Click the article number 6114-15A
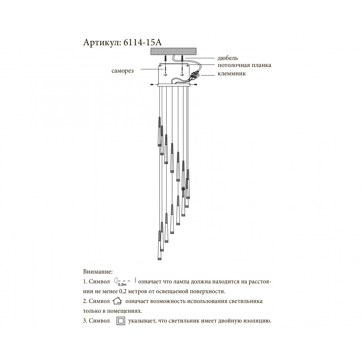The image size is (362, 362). (143, 42)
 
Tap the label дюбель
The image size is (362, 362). (228, 58)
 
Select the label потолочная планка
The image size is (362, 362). (244, 65)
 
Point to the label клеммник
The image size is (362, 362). (232, 73)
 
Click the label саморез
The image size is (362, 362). (122, 71)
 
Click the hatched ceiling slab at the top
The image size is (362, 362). (174, 51)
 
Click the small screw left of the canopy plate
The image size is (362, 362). (152, 85)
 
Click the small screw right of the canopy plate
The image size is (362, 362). (195, 85)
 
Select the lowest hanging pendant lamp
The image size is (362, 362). (159, 245)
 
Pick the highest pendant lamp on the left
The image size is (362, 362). (159, 131)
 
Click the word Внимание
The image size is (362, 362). (98, 271)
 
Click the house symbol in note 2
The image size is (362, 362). (117, 301)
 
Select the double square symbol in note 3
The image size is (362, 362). (121, 321)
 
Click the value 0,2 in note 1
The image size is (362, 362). (122, 291)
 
